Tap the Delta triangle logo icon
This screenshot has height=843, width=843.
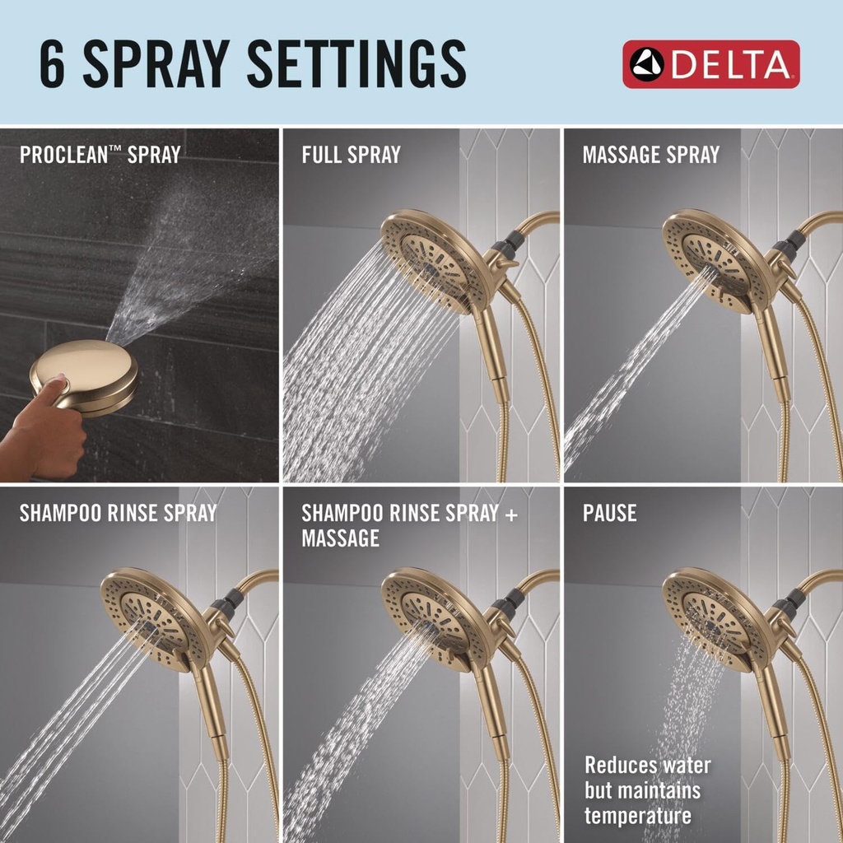647,64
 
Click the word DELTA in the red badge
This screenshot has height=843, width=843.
731,64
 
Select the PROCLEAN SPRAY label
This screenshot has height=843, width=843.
100,155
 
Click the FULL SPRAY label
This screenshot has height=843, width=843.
351,155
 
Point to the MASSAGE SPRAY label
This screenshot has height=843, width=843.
650,155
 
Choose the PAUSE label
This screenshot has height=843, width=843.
609,514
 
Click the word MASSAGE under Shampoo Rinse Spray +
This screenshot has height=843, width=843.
340,538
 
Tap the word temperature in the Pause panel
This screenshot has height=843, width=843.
638,816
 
